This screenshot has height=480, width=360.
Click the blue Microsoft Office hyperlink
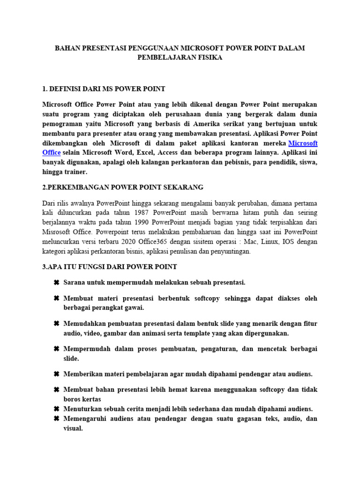(x=303, y=143)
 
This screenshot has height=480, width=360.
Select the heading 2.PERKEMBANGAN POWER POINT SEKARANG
(x=123, y=187)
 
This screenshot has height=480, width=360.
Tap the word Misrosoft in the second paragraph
(x=57, y=232)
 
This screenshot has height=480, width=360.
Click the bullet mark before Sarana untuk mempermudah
(x=56, y=283)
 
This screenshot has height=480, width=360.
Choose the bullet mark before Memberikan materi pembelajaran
(x=56, y=374)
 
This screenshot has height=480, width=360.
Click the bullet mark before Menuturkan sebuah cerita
(x=56, y=409)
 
